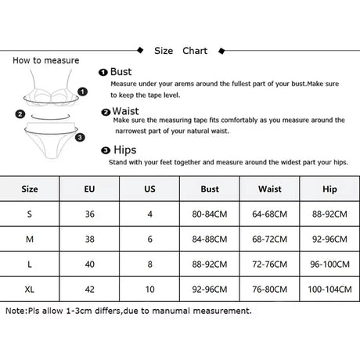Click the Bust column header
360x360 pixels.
click(x=210, y=189)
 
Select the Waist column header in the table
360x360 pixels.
click(x=270, y=189)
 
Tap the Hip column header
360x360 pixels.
click(x=329, y=189)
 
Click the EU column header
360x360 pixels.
click(x=89, y=189)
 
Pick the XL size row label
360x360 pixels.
click(x=30, y=290)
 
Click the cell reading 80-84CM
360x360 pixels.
click(x=210, y=214)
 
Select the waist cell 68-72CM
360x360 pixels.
click(x=270, y=239)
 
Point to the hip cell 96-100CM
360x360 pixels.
click(x=329, y=265)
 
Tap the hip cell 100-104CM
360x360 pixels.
click(x=329, y=290)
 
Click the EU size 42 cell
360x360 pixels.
click(x=89, y=290)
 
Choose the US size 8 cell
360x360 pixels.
click(x=149, y=265)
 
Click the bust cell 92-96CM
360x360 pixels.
click(x=210, y=290)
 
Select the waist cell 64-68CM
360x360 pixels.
click(x=270, y=214)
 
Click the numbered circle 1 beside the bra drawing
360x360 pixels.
click(x=82, y=92)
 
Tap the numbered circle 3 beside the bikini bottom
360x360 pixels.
click(x=80, y=137)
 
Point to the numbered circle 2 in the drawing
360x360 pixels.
click(x=20, y=114)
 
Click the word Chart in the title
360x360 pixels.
click(x=195, y=51)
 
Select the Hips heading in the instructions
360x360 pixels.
click(x=125, y=150)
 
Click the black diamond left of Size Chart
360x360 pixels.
click(x=140, y=50)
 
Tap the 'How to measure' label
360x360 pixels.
click(x=46, y=60)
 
